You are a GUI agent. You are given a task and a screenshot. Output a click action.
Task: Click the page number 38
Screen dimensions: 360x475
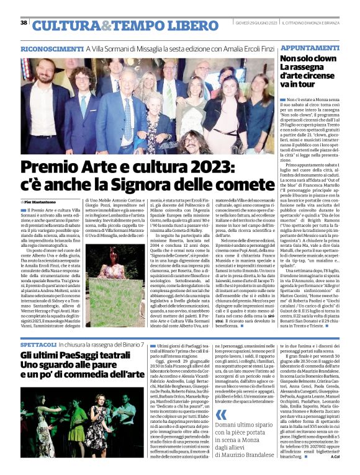click(x=24, y=22)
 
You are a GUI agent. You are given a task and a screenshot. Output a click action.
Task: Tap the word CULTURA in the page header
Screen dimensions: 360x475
click(x=65, y=25)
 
